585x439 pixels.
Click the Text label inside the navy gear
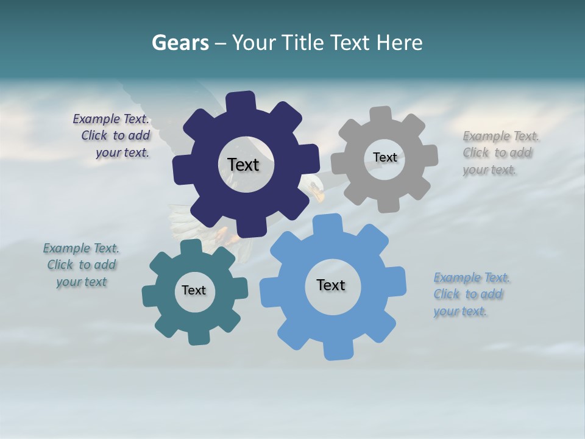[243, 165]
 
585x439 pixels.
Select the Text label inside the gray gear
[385, 157]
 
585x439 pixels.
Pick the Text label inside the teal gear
[194, 290]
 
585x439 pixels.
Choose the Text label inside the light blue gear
[331, 285]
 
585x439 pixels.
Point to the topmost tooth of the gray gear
[381, 114]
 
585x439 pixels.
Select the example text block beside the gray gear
[501, 152]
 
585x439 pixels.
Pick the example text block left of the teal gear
[81, 265]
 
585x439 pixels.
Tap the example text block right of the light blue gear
[471, 294]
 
